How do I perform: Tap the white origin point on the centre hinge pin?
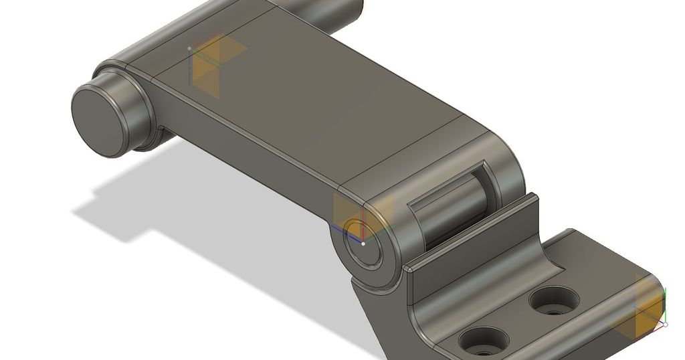tap(363, 244)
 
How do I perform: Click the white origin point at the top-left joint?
tap(189, 48)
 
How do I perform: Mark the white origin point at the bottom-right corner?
tap(665, 325)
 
